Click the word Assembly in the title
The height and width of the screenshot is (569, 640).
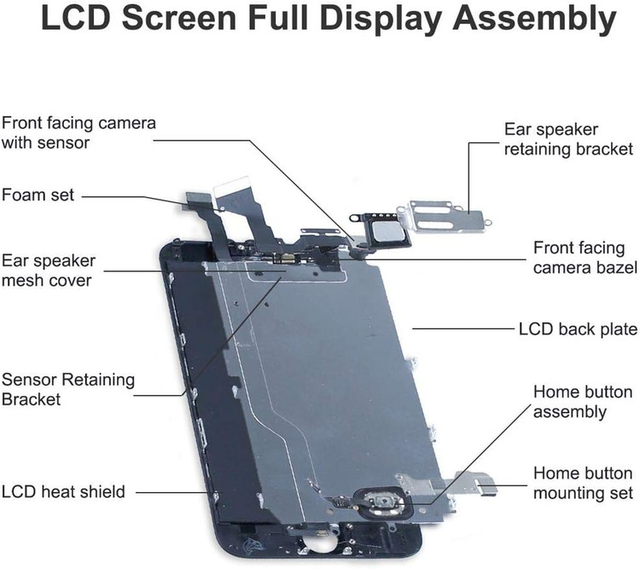tap(534, 20)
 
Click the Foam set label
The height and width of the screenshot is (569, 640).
tap(38, 195)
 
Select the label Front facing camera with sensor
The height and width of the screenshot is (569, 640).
tap(79, 133)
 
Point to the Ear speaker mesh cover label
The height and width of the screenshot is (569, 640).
tap(49, 270)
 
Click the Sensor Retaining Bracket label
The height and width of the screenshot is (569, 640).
tap(68, 389)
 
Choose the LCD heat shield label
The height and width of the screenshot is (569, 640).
tap(63, 491)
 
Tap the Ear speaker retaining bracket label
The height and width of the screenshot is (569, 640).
tap(568, 139)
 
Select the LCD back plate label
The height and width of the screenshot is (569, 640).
tap(578, 329)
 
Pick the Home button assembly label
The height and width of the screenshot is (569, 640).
tap(583, 402)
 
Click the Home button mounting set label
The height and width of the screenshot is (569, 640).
tap(583, 484)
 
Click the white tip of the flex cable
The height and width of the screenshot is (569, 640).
tap(231, 183)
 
